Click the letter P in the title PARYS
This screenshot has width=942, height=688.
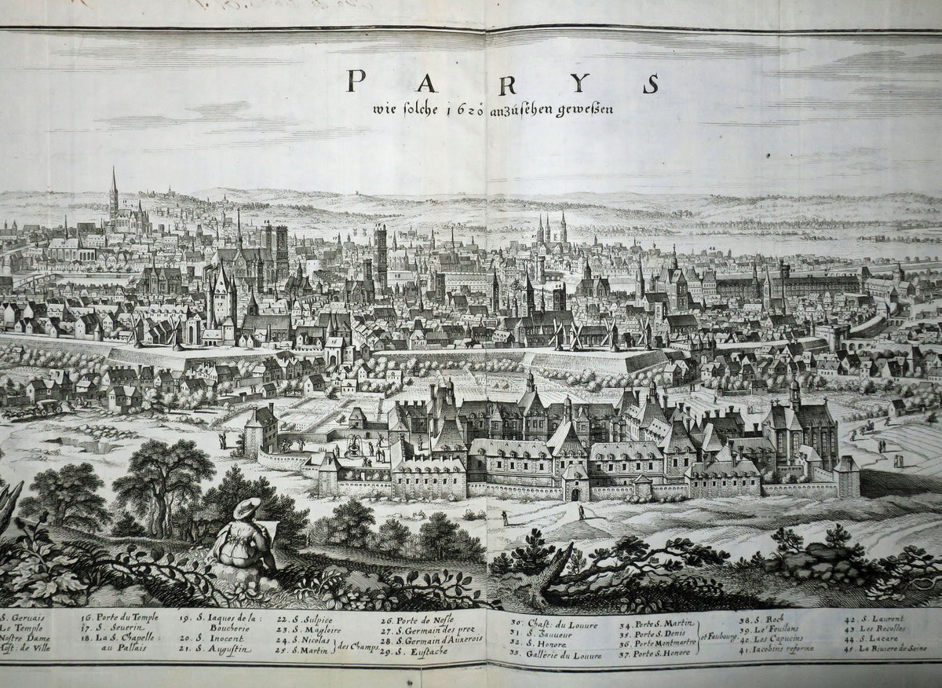356,81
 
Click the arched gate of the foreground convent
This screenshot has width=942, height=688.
575,494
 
